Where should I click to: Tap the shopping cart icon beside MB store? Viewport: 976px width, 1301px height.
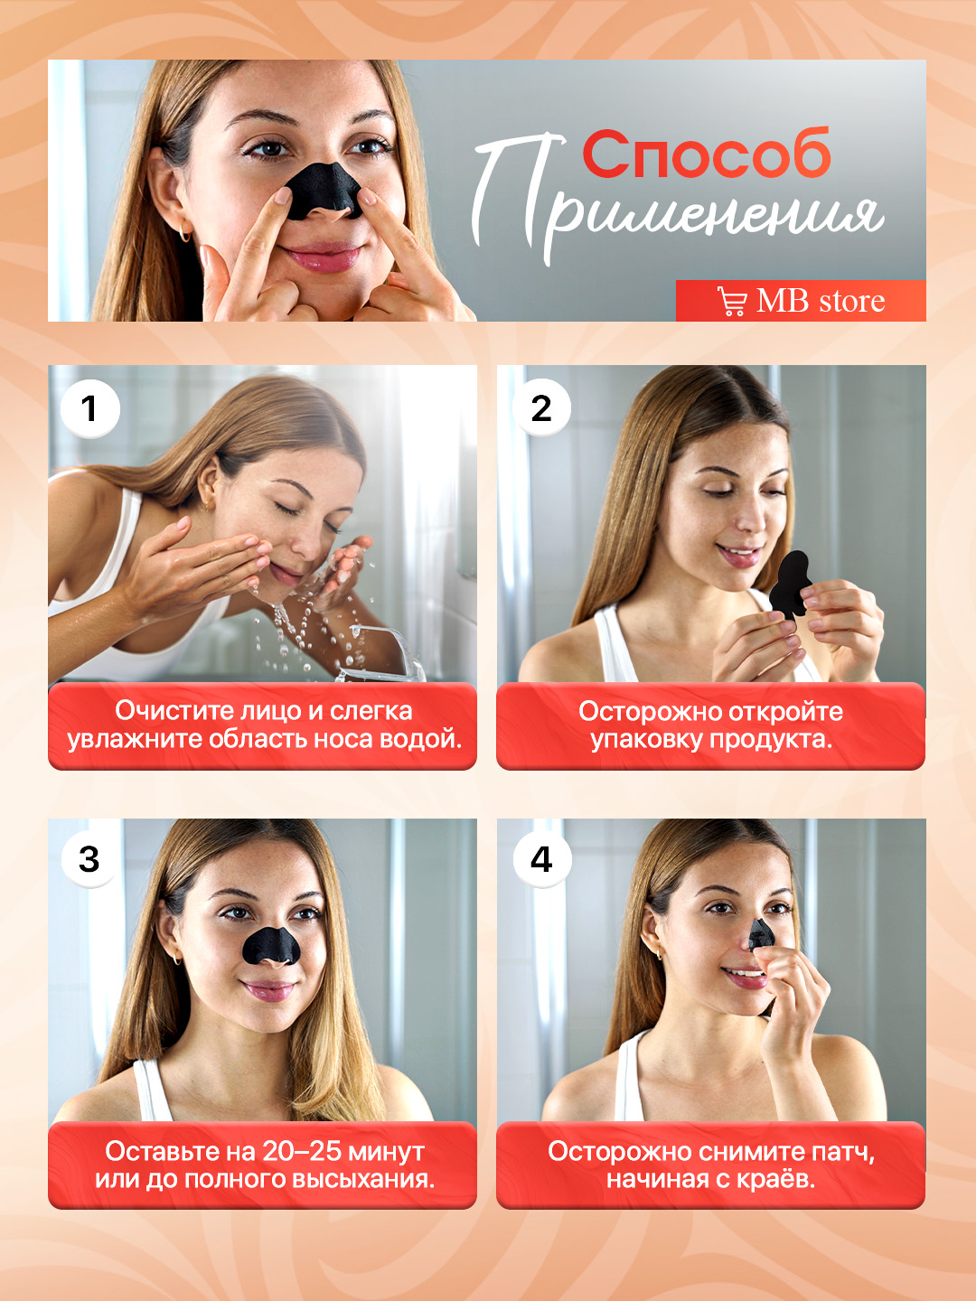[x=732, y=301]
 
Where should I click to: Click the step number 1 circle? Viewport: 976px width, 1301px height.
[x=90, y=409]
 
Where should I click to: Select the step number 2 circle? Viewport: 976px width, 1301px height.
[x=541, y=407]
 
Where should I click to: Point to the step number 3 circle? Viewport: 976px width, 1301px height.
[x=89, y=859]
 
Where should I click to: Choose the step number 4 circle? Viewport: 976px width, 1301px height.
[x=541, y=859]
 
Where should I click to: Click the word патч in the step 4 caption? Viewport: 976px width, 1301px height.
[x=846, y=1153]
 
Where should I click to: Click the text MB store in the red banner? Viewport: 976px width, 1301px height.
[x=821, y=301]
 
